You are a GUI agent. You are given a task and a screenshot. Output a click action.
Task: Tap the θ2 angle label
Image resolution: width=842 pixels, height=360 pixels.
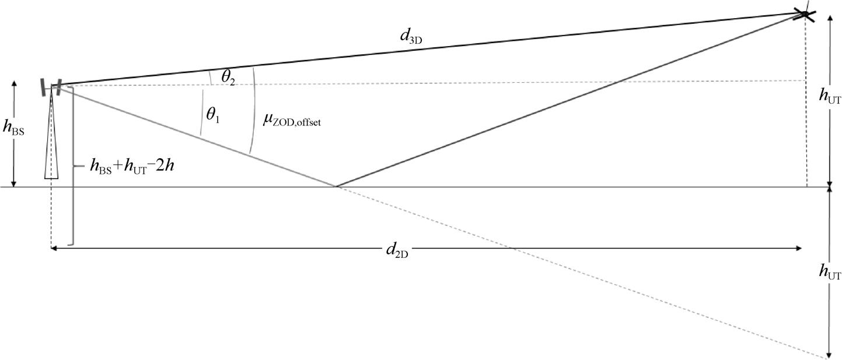(228, 78)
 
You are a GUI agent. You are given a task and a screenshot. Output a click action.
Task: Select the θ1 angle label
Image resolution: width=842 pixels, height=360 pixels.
(213, 116)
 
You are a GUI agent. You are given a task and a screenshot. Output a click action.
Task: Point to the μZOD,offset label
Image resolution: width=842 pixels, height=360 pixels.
(292, 120)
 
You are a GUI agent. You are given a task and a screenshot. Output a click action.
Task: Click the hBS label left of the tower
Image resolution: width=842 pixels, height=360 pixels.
(13, 128)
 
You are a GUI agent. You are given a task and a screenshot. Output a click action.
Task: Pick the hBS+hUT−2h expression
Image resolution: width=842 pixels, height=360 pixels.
(132, 166)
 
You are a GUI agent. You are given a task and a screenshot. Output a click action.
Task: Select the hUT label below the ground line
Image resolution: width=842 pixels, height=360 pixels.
(830, 272)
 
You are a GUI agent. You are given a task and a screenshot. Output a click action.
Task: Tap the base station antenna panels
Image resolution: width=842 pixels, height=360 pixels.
(51, 87)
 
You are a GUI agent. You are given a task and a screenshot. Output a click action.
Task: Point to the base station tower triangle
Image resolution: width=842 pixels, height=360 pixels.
(51, 135)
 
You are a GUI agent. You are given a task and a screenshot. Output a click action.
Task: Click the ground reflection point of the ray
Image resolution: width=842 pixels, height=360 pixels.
(336, 186)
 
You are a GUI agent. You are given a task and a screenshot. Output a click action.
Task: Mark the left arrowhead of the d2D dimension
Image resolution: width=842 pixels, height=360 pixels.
(54, 248)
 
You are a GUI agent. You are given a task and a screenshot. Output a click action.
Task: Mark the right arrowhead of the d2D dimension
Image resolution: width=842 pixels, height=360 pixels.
(799, 248)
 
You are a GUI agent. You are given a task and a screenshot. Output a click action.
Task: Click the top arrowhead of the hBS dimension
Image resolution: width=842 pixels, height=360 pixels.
(14, 83)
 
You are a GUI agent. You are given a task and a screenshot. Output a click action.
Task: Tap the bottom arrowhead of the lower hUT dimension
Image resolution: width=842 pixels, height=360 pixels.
(830, 355)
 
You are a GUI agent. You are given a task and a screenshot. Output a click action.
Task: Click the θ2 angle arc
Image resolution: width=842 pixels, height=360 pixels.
(210, 78)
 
